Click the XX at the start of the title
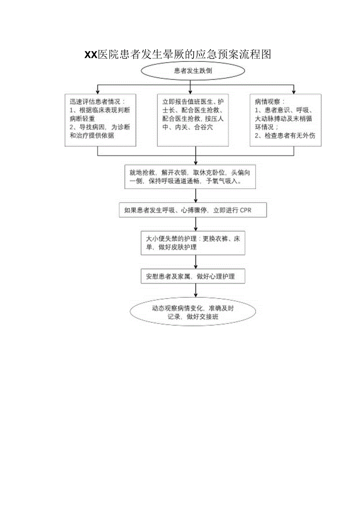click(x=91, y=55)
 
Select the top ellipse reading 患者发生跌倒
click(x=193, y=71)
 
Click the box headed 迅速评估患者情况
click(x=101, y=120)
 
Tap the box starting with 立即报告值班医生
click(x=193, y=120)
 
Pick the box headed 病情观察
click(x=285, y=120)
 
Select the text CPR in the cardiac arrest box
click(x=246, y=210)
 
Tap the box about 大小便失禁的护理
click(x=193, y=243)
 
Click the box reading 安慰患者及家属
click(x=193, y=276)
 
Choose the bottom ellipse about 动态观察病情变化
click(x=193, y=312)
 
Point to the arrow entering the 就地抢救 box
click(x=196, y=160)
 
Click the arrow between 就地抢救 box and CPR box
click(x=196, y=196)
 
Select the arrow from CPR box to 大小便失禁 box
click(x=196, y=224)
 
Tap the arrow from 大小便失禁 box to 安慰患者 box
click(x=196, y=262)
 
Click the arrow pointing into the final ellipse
click(x=196, y=291)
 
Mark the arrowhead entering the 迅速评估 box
click(x=98, y=91)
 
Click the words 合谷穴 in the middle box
click(x=203, y=127)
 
